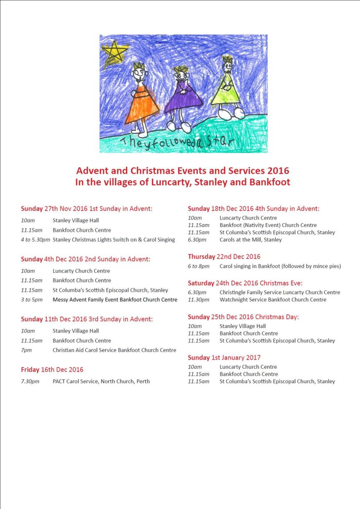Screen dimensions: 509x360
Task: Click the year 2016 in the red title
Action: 278,171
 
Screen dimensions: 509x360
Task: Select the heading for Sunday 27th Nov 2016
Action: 86,209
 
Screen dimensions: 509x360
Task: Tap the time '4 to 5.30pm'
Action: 35,239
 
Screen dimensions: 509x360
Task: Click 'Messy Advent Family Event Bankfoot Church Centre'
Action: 115,300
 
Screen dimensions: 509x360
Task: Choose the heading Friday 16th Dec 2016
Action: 52,369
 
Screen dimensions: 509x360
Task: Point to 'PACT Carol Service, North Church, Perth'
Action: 101,381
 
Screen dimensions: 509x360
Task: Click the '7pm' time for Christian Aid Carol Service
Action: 26,350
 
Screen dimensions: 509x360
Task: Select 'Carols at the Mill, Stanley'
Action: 250,239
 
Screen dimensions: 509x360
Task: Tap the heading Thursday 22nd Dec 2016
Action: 224,257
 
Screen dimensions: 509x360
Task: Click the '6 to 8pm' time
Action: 198,266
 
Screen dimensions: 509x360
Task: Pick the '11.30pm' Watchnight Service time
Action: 199,300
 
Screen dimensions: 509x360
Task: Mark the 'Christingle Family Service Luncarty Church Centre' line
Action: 279,292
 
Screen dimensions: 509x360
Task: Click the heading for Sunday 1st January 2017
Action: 224,358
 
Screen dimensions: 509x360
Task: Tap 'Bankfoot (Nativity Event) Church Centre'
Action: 268,225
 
